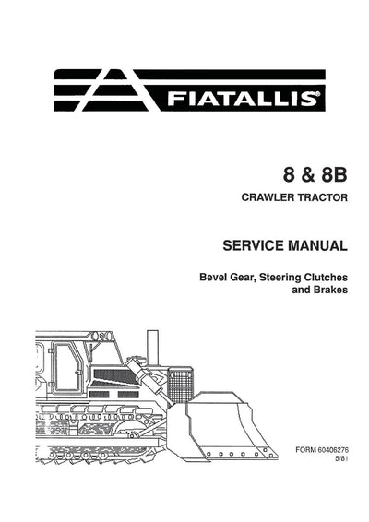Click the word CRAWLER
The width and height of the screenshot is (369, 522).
coord(267,197)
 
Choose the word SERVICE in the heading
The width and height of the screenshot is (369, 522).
coord(247,247)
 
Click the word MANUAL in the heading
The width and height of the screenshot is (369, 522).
coord(315,247)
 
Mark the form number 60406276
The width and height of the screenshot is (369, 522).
coord(333,450)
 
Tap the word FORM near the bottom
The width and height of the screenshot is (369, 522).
coord(305,450)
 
